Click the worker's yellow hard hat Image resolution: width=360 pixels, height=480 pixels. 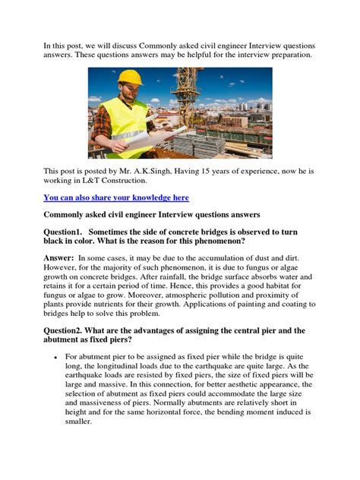point(131,78)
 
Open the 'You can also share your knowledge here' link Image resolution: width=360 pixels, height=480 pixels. point(115,197)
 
